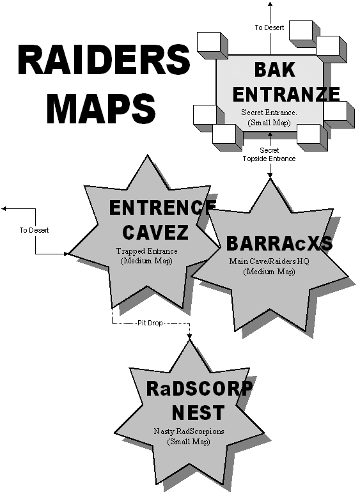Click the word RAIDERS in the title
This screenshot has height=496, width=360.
(104, 60)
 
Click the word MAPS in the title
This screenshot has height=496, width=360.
(101, 108)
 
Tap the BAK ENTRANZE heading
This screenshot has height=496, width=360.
(286, 82)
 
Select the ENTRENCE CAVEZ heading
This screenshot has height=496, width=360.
(162, 220)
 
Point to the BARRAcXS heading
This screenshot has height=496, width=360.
(279, 244)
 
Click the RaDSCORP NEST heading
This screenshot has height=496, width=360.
(200, 401)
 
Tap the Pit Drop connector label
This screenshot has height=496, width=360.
(150, 323)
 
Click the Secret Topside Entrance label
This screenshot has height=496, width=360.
(269, 155)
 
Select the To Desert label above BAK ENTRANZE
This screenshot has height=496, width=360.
(270, 27)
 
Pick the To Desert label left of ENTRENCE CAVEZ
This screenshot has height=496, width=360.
(34, 230)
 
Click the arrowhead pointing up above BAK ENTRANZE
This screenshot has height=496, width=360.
(270, 4)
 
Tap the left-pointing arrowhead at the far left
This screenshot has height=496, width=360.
(4, 208)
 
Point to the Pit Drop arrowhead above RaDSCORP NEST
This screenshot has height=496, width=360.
(189, 337)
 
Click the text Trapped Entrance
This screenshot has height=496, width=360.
(147, 251)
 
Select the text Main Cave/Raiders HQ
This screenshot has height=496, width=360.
(269, 261)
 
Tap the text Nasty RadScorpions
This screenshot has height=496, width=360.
(189, 431)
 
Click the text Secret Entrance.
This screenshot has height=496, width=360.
(269, 112)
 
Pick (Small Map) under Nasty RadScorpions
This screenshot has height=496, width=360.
(189, 442)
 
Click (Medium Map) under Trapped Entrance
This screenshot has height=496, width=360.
(146, 261)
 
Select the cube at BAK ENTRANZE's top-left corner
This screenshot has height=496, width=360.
(212, 45)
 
